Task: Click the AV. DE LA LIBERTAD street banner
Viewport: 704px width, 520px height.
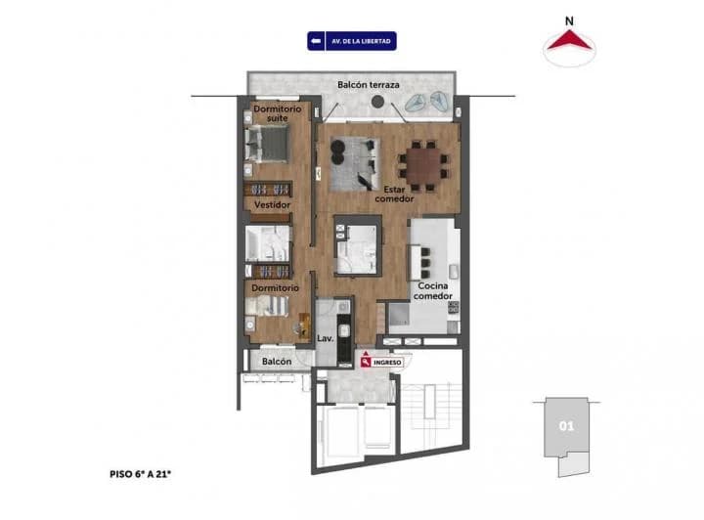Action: (x=351, y=42)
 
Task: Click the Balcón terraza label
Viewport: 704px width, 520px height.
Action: (x=369, y=85)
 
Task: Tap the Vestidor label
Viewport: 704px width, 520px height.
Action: (x=272, y=205)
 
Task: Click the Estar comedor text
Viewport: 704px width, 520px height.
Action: (x=394, y=193)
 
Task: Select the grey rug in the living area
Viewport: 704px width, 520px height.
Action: (x=352, y=163)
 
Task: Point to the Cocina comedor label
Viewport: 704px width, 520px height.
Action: (x=431, y=291)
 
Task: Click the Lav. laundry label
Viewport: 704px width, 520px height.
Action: (x=326, y=338)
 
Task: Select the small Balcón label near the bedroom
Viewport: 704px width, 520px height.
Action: (x=276, y=362)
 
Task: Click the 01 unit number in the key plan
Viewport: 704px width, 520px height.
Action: (x=565, y=426)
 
